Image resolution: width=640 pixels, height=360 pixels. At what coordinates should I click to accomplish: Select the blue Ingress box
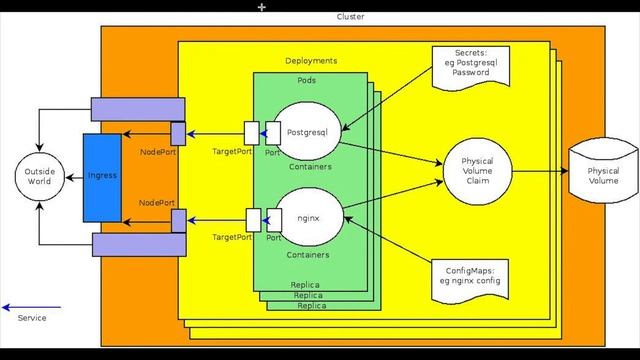click(x=102, y=176)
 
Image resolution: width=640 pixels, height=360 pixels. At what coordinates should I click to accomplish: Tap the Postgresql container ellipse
click(x=309, y=131)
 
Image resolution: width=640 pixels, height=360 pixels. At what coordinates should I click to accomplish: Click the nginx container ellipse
click(x=309, y=217)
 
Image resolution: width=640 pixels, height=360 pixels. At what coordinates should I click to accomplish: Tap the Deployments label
click(x=311, y=61)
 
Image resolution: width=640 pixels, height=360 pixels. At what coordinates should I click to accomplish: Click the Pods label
click(x=309, y=80)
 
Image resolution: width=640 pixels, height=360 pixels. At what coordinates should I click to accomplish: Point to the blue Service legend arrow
click(x=31, y=306)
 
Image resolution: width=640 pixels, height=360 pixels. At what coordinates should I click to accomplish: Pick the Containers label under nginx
click(x=309, y=255)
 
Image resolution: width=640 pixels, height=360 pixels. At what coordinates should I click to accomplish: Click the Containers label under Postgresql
click(x=309, y=167)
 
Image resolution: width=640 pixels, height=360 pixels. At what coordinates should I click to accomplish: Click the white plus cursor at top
click(x=262, y=7)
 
